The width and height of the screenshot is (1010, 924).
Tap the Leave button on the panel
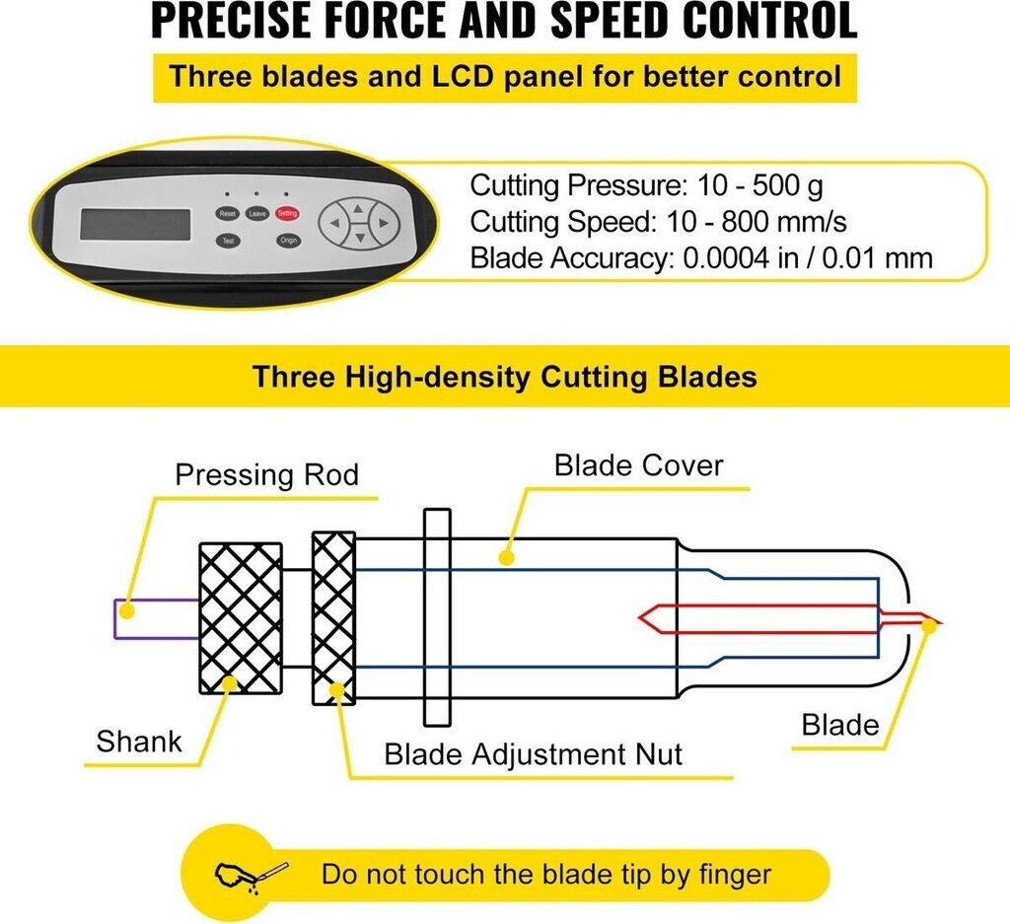(x=257, y=213)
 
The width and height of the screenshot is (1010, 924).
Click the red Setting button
(x=288, y=213)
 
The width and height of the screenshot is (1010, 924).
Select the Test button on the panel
(x=228, y=241)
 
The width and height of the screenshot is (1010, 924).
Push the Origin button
(x=288, y=241)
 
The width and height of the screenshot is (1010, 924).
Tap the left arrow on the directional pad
(x=335, y=224)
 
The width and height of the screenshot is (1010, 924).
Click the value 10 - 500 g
(x=759, y=185)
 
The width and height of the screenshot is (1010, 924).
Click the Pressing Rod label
(x=266, y=475)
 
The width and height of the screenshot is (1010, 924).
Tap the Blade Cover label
(x=638, y=464)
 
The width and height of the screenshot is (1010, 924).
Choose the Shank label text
(x=139, y=741)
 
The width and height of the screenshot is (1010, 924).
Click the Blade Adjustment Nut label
(x=533, y=755)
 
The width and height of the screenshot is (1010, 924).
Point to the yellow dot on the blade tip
(x=926, y=623)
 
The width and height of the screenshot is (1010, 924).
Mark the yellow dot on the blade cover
(x=507, y=558)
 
